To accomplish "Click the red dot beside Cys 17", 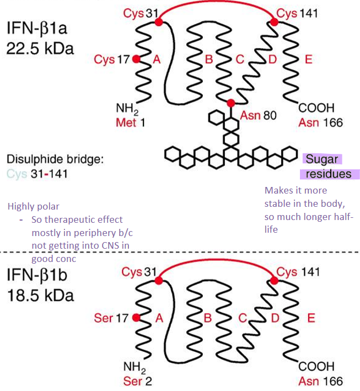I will point(137,58).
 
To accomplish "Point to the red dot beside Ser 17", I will point(136,317).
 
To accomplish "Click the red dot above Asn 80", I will point(230,103).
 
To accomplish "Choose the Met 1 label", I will point(130,121).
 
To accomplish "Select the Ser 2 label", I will point(130,381).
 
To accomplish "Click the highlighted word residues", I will point(330,174).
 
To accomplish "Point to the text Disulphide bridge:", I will point(55,160).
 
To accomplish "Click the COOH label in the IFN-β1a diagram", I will point(316,108).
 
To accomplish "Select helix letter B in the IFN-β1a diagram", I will point(208,59).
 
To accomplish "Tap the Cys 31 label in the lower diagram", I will point(139,272).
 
